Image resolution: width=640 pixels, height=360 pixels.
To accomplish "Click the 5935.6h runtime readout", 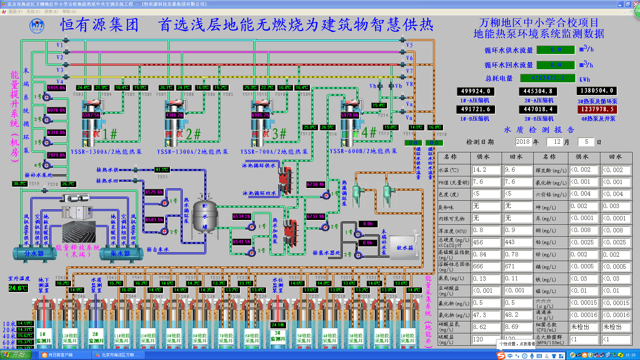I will (56, 88).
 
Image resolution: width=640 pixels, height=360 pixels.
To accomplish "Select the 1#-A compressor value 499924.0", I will (475, 91).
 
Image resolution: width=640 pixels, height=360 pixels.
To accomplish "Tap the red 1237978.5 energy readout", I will (597, 109).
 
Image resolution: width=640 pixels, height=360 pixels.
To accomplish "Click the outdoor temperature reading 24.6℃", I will (18, 288).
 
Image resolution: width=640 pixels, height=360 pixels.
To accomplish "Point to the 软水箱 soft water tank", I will (405, 248).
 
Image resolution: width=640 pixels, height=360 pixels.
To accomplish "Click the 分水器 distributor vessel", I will (34, 254).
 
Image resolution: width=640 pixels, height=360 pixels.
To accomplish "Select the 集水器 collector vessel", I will (120, 254).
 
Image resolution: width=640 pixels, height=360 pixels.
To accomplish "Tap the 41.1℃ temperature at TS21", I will (162, 170).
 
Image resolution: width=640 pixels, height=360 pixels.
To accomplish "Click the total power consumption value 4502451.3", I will (548, 78).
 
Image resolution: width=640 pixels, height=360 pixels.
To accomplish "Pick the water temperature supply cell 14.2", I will (486, 170).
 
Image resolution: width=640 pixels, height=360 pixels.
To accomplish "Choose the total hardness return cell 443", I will (517, 242).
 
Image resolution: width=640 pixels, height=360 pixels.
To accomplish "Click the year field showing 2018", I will (523, 142).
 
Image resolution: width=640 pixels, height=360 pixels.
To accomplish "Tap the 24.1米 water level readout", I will (278, 325).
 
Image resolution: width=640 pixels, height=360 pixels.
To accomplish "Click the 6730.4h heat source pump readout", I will (316, 184).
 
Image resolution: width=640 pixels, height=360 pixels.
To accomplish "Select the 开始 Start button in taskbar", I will (16, 355).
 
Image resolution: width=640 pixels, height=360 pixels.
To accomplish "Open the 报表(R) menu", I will (51, 12).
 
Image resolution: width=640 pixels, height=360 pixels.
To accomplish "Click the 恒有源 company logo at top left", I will (37, 25).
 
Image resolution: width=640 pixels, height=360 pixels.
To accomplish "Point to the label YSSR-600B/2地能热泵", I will (363, 151).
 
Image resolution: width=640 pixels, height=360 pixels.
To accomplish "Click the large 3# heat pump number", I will (279, 134).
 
